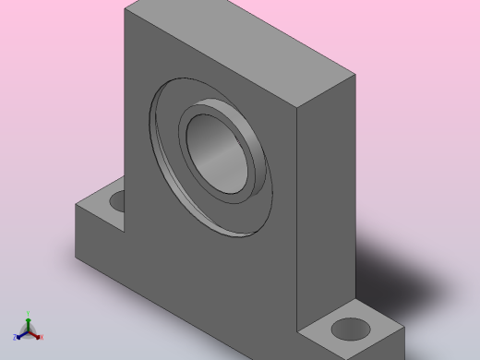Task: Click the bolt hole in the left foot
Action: click(117, 199)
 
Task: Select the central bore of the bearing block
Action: click(219, 152)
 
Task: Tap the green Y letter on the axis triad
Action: click(29, 313)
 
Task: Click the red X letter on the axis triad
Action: click(41, 337)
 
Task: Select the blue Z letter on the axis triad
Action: click(16, 338)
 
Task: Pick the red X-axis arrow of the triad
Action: click(35, 333)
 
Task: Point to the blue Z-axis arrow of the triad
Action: click(22, 333)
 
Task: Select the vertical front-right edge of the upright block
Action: click(296, 212)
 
